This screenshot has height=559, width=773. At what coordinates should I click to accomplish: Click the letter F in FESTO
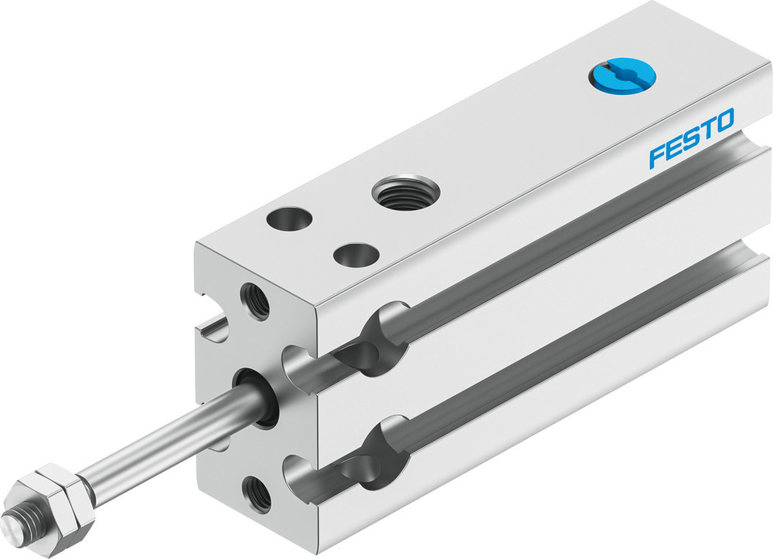coord(658,154)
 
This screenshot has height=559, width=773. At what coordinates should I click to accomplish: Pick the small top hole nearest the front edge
coord(356,253)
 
